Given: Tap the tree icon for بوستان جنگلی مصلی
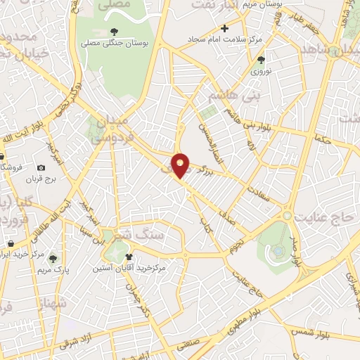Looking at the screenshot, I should click(x=113, y=32).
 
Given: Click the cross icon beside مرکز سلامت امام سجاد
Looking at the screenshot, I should click(x=224, y=28).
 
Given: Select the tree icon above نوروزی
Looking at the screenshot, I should click(x=261, y=60).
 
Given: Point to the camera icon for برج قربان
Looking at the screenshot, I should click(x=41, y=167).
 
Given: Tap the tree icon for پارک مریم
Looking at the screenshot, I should click(x=53, y=259).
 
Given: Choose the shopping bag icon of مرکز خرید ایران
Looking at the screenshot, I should click(x=4, y=253).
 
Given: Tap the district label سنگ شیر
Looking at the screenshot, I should click(x=140, y=235).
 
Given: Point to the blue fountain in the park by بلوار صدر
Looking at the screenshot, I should click(x=279, y=250).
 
